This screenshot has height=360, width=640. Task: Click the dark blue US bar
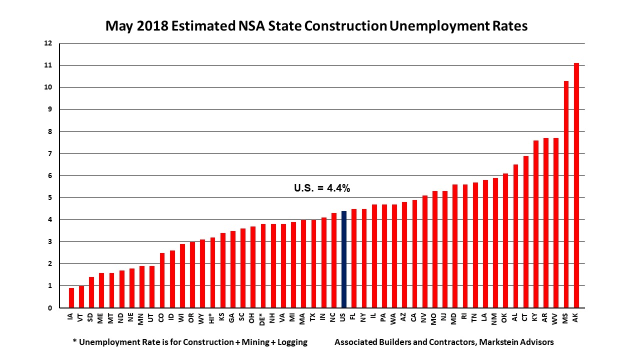[x=343, y=259]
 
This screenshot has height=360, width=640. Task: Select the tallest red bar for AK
[x=576, y=185]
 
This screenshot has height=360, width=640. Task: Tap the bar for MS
[x=566, y=194]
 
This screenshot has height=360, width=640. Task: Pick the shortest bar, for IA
[x=71, y=298]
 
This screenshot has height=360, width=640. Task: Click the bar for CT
[x=525, y=232]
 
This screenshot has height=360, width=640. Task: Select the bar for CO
[x=162, y=280]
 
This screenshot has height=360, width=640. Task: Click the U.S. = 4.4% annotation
[x=321, y=188]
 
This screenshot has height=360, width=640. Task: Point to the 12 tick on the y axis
[x=48, y=43]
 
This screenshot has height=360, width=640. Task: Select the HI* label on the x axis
[x=212, y=318]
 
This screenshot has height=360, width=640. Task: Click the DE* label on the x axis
[x=263, y=318]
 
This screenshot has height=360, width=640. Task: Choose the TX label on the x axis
[x=313, y=317]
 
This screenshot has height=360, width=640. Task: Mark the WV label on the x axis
[x=555, y=317]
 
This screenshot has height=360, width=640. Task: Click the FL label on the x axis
[x=353, y=317]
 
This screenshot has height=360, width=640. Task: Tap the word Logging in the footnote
[x=291, y=342]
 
